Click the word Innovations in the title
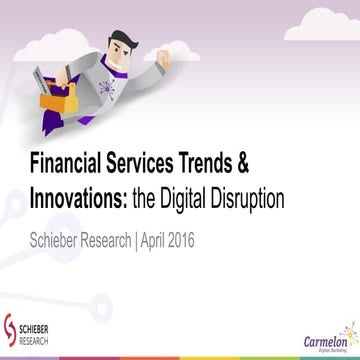pos(77,196)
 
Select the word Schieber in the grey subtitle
pos(61,239)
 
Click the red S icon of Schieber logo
pos(11,328)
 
